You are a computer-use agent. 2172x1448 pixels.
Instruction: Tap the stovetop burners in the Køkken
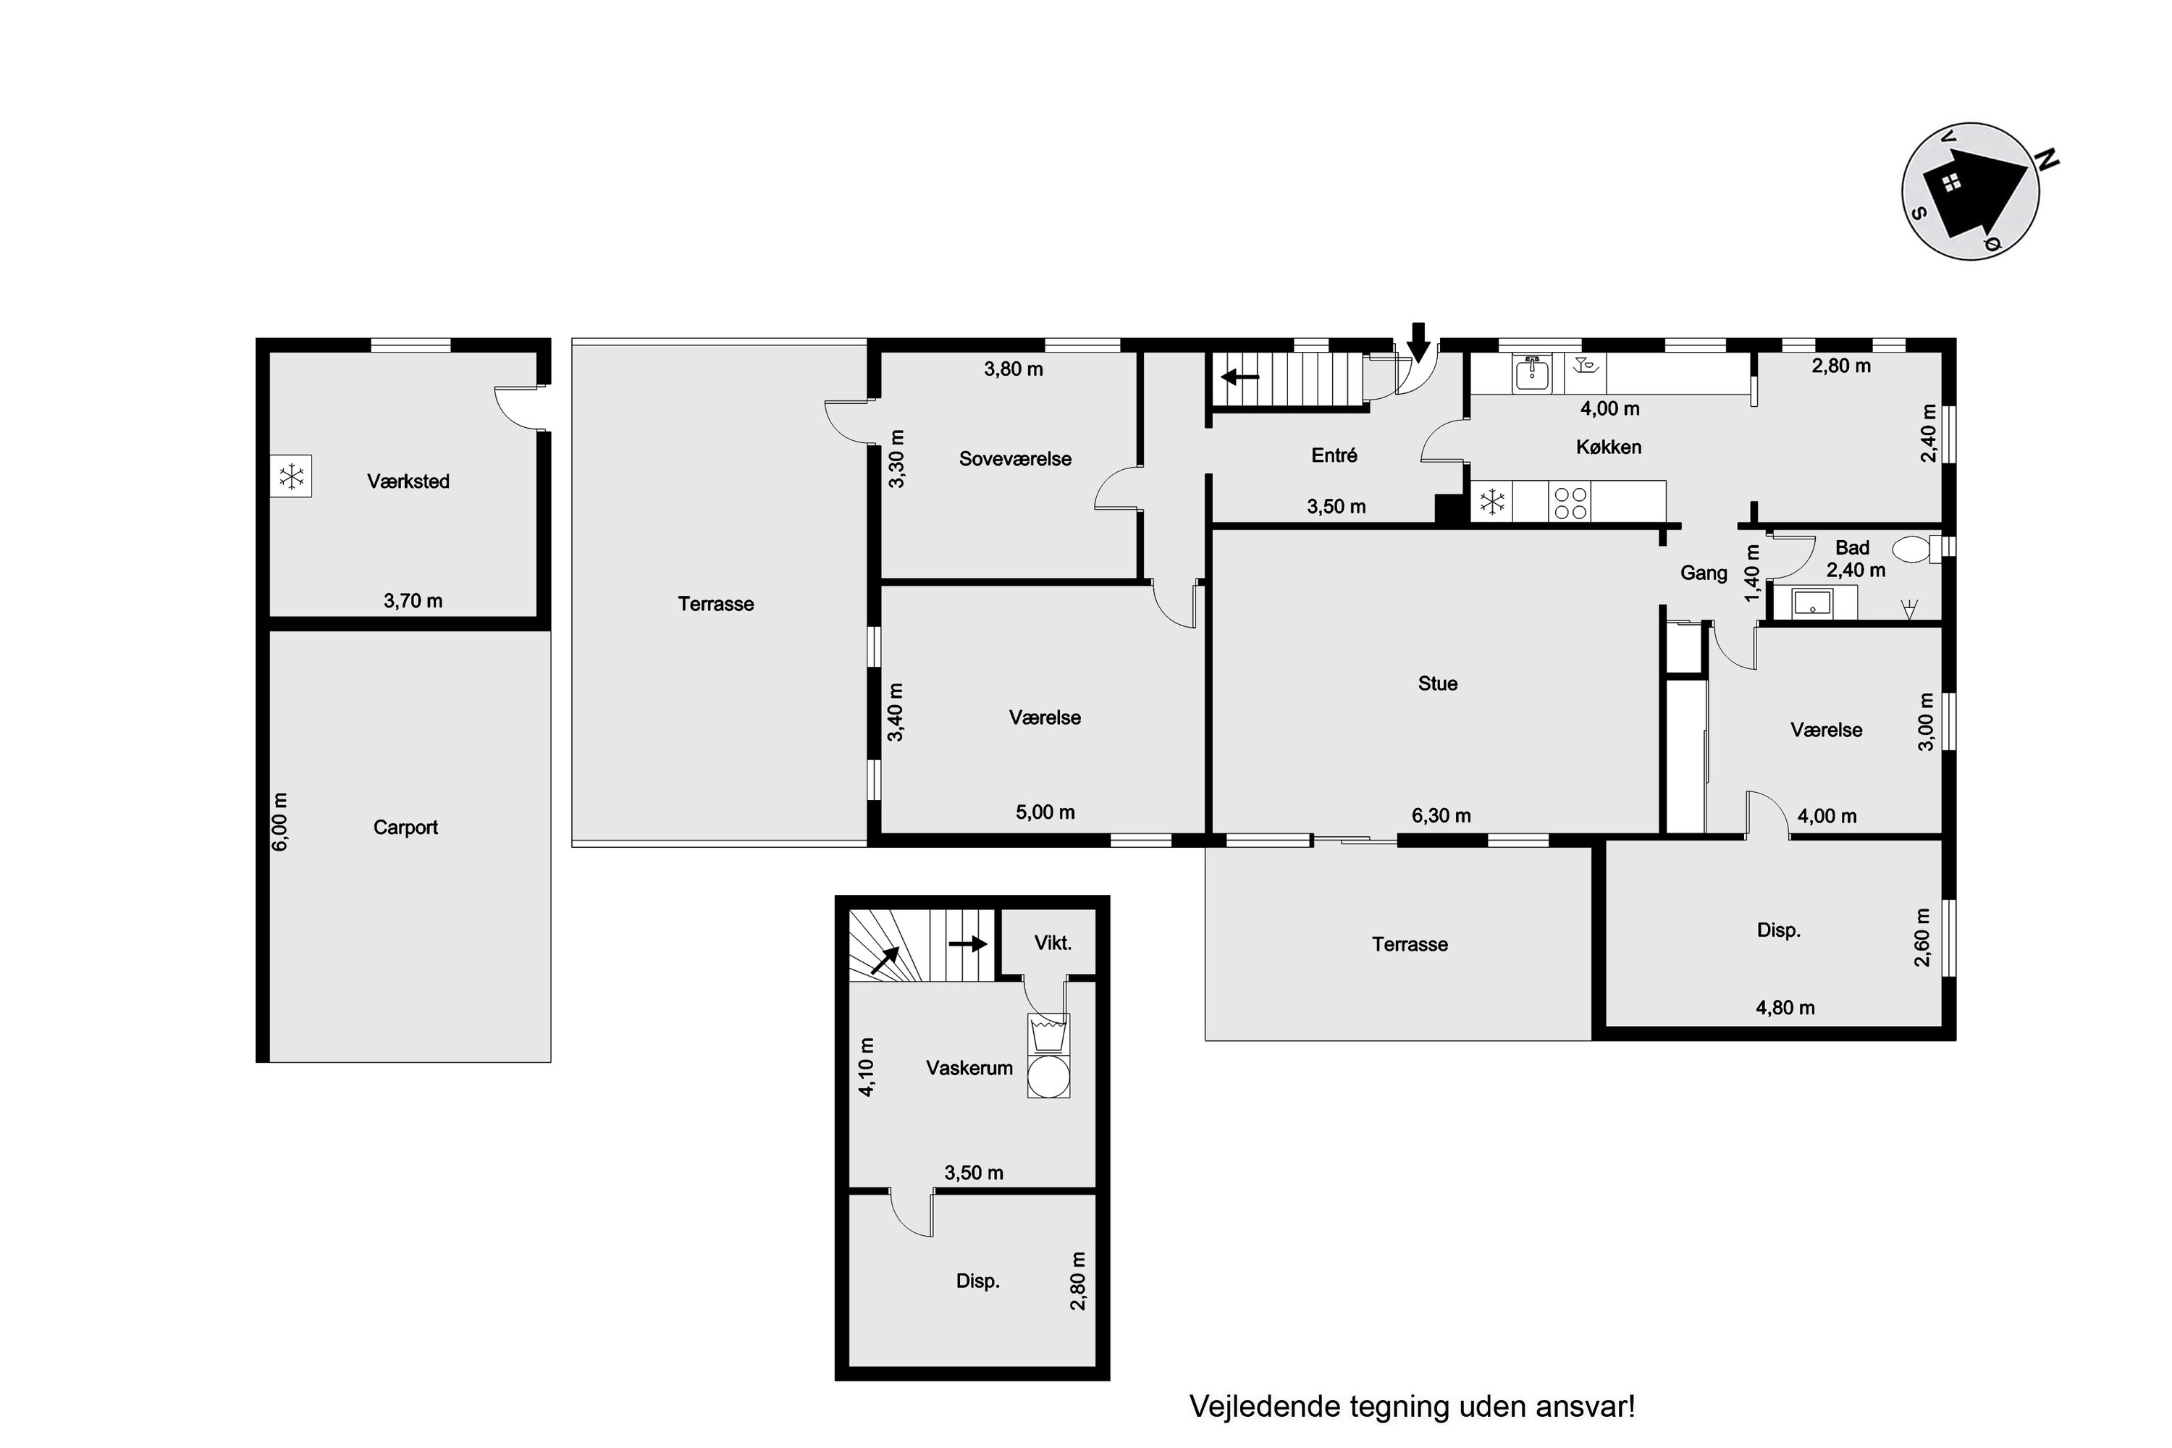tap(1571, 502)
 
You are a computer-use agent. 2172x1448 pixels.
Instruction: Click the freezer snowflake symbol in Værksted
tap(291, 476)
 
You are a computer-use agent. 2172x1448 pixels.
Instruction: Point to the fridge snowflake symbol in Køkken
tap(1491, 502)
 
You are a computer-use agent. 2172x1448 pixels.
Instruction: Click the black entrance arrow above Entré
tap(1419, 342)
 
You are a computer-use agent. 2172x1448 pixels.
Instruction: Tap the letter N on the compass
tap(2048, 160)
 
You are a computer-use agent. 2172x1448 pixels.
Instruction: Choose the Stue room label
tap(1438, 683)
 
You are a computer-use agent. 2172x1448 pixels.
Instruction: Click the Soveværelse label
tap(1015, 459)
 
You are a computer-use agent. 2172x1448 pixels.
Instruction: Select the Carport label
tap(405, 828)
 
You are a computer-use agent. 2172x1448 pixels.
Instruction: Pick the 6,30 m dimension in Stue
tap(1441, 815)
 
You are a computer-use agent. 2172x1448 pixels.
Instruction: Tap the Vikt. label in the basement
tap(1053, 943)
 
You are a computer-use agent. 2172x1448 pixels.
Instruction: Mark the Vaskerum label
tap(969, 1067)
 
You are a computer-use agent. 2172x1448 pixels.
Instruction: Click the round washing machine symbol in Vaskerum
tap(1049, 1077)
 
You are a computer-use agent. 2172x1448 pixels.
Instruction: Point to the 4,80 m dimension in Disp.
tap(1785, 1008)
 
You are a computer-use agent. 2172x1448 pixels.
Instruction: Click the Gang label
tap(1703, 573)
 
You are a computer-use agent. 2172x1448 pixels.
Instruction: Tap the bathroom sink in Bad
tap(1811, 603)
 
